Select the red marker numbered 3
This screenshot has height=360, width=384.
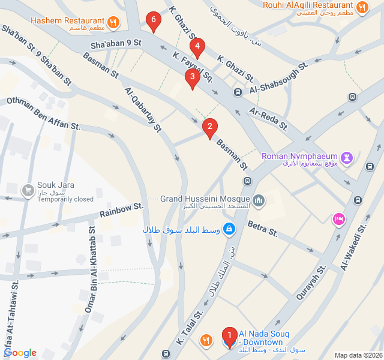[x=192, y=77]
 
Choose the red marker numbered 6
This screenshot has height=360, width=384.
[x=154, y=21]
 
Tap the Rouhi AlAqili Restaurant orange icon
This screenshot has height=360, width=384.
[x=361, y=8]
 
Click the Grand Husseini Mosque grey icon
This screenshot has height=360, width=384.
[x=259, y=200]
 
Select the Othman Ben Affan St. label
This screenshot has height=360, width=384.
[x=43, y=113]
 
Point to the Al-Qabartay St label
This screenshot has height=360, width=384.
[x=144, y=109]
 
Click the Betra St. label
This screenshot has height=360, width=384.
[x=262, y=229]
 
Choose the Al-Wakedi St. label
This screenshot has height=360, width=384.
[x=354, y=247]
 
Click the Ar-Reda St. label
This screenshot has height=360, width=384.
[x=269, y=121]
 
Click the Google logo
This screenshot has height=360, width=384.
[x=20, y=353]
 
